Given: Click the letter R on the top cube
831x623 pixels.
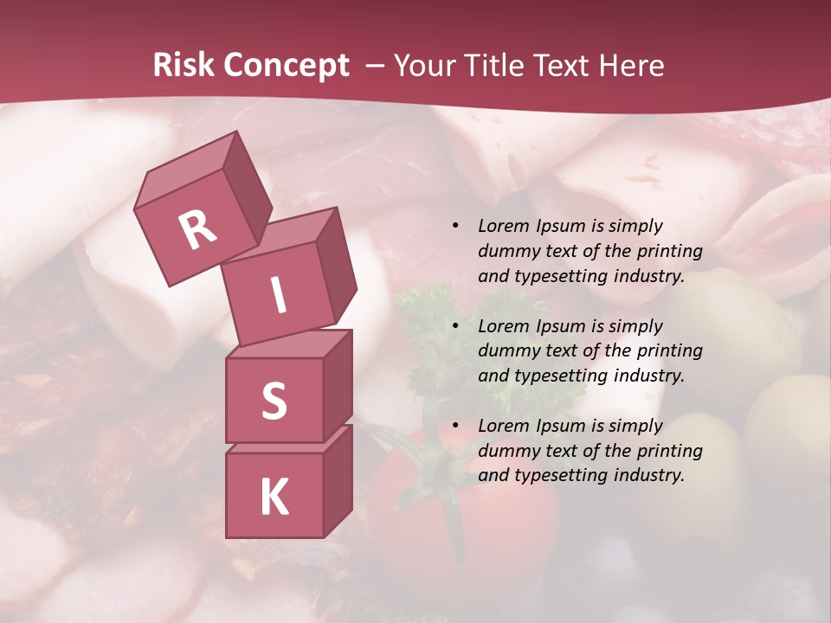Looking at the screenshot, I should (197, 229).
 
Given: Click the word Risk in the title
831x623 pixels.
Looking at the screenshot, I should (183, 65).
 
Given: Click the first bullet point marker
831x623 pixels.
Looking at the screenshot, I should (455, 226).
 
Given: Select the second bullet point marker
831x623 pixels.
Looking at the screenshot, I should (455, 326).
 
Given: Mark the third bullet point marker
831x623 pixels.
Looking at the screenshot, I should (455, 426).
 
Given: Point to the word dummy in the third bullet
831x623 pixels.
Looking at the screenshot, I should (508, 451).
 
